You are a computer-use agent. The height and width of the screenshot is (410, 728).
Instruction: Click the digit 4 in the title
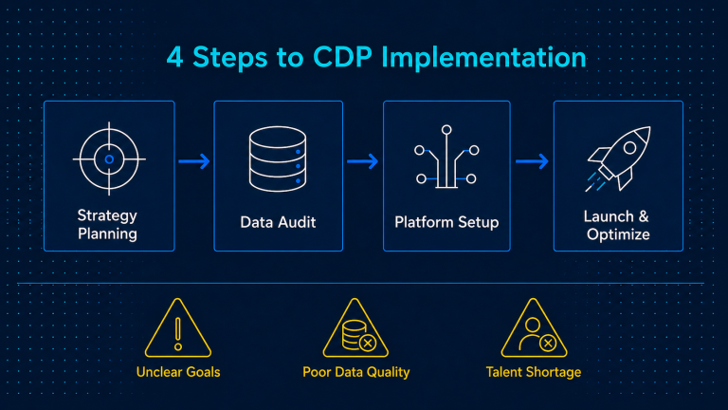(174, 57)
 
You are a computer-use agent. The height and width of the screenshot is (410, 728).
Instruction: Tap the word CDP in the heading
(342, 57)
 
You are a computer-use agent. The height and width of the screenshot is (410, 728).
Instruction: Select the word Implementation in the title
(483, 58)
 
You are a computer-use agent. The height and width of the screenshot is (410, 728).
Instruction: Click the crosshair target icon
(109, 159)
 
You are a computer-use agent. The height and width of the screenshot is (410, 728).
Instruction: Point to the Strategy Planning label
(107, 225)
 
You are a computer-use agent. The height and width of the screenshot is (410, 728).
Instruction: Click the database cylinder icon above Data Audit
(278, 159)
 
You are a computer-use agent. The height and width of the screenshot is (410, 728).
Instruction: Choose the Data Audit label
(278, 222)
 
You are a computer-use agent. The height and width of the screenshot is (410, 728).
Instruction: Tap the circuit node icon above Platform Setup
(446, 157)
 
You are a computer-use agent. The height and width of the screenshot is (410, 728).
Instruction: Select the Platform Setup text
(446, 222)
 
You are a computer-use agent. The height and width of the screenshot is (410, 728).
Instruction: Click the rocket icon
(618, 158)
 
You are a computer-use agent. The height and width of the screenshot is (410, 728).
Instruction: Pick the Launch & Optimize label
(617, 226)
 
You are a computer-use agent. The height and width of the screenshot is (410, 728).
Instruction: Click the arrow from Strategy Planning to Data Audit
(194, 161)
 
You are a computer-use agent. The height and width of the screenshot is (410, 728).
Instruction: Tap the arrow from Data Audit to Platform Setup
(363, 161)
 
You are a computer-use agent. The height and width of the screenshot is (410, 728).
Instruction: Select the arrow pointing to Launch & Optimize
(532, 161)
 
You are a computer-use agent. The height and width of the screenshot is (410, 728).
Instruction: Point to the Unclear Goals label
(178, 372)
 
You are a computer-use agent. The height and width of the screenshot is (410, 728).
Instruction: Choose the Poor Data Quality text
(356, 372)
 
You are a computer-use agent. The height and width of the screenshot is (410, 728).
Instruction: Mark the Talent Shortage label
(534, 372)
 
